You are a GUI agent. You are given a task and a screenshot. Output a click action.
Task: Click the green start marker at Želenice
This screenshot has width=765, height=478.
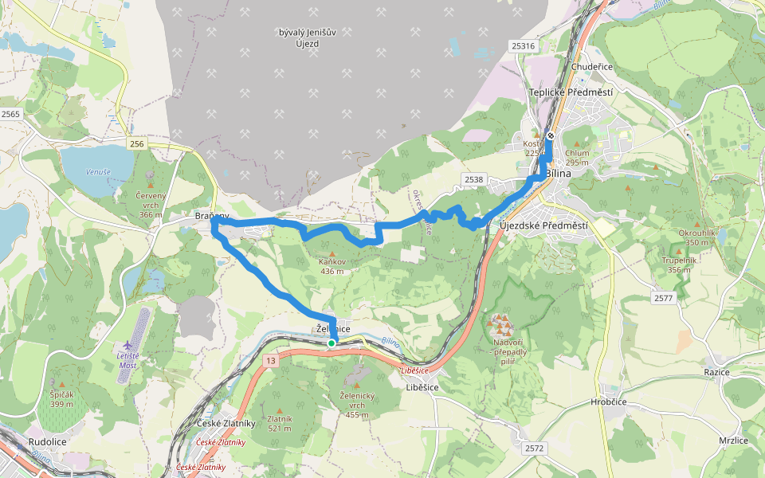point(331,343)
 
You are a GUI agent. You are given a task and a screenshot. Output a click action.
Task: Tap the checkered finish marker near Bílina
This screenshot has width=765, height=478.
point(550,135)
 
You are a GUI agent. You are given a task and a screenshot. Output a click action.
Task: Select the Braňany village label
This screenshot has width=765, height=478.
point(212,216)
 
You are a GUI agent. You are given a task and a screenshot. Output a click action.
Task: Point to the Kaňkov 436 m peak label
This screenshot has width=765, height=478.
point(332,266)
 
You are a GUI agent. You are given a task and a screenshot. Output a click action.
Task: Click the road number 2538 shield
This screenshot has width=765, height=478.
point(473,179)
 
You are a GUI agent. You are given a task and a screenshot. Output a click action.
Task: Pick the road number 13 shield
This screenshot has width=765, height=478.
point(273,362)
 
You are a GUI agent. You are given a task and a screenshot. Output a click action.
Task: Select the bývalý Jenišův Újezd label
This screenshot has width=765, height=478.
point(298,37)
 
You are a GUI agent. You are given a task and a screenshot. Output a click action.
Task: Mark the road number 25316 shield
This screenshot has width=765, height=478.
point(524,46)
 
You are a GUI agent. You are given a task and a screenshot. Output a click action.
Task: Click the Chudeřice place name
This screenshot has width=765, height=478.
point(592,67)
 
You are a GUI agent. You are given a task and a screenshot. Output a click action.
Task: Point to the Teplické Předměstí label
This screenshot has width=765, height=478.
point(571,92)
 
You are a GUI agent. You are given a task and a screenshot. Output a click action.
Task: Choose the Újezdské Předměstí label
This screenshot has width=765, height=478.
point(543,225)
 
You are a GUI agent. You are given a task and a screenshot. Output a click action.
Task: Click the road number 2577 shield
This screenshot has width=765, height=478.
point(663,298)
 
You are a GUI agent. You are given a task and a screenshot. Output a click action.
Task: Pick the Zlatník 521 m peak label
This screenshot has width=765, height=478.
point(279,423)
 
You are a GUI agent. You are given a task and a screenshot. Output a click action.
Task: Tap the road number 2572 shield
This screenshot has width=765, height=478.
point(534,449)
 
